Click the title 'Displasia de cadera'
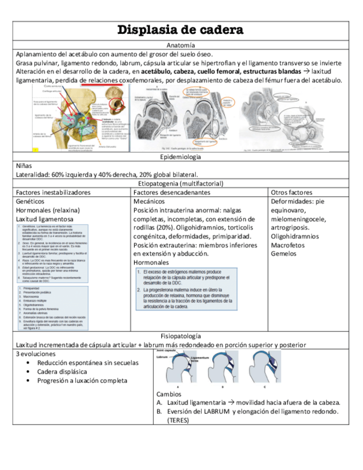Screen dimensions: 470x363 181,30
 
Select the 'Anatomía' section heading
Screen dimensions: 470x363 181,45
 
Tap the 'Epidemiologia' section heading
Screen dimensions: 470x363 181,157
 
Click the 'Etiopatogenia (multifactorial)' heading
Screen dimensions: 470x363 181,183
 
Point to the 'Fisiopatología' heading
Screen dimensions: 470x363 181,336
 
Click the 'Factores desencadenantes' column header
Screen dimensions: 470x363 172,192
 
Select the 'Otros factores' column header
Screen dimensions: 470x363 292,192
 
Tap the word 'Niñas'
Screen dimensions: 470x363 24,166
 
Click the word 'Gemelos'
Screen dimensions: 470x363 284,254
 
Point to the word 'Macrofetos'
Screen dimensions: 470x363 289,245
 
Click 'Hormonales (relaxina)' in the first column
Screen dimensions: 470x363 48,210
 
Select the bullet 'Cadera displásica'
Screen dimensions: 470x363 62,371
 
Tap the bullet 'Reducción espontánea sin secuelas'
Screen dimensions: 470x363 89,362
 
